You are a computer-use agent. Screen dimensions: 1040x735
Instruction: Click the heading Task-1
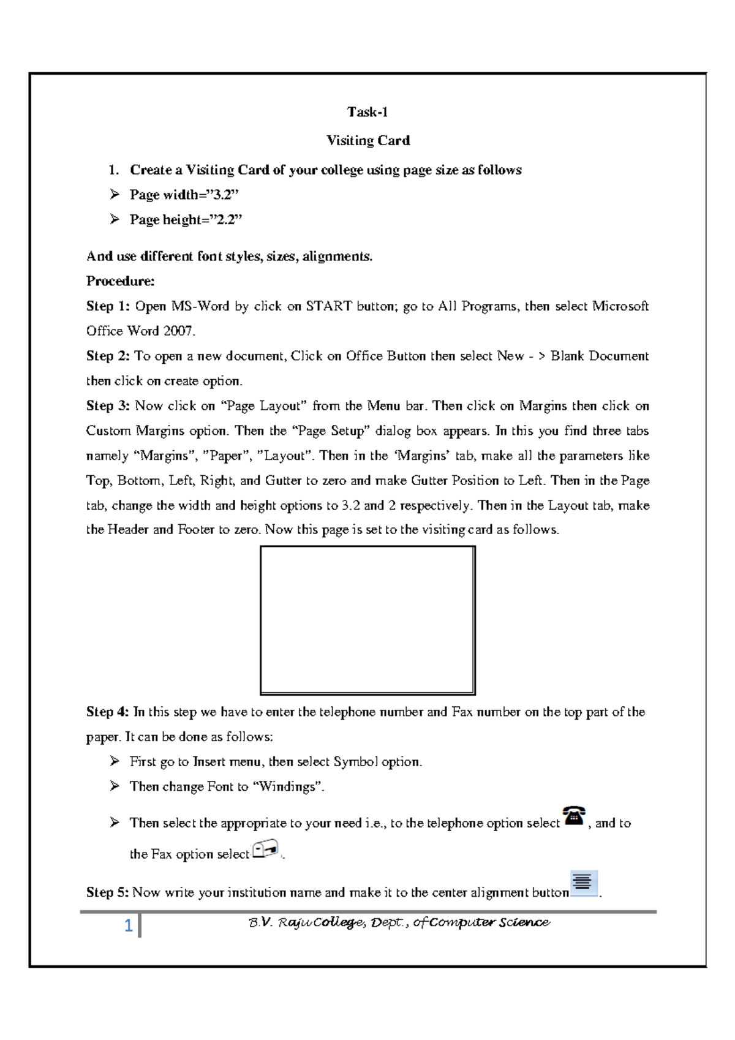click(x=367, y=112)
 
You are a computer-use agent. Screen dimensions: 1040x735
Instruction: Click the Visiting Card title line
click(x=367, y=140)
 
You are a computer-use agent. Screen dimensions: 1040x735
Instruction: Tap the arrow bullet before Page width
click(x=115, y=195)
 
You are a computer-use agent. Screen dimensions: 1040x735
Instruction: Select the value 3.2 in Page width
click(x=221, y=195)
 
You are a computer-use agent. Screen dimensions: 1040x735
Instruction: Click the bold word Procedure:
click(x=120, y=281)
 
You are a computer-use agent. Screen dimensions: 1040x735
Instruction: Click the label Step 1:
click(x=108, y=306)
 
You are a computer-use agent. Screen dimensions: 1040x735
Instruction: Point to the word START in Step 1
click(x=328, y=306)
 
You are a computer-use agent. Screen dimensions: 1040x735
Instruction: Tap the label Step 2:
click(x=108, y=356)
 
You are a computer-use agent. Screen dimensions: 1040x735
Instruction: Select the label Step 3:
click(x=108, y=405)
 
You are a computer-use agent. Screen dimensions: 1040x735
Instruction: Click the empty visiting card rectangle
click(x=367, y=620)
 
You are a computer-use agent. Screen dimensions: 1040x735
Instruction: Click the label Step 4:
click(x=108, y=712)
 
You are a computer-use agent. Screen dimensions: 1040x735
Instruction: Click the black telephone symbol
click(x=574, y=816)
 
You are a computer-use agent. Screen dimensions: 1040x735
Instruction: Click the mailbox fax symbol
click(x=265, y=850)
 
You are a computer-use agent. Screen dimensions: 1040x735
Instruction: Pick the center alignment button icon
click(x=583, y=883)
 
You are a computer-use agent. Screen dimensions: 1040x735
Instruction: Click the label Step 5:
click(x=108, y=892)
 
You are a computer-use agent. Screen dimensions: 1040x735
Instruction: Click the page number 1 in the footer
click(x=129, y=925)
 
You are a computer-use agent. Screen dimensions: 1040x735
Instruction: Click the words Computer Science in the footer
click(x=489, y=922)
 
